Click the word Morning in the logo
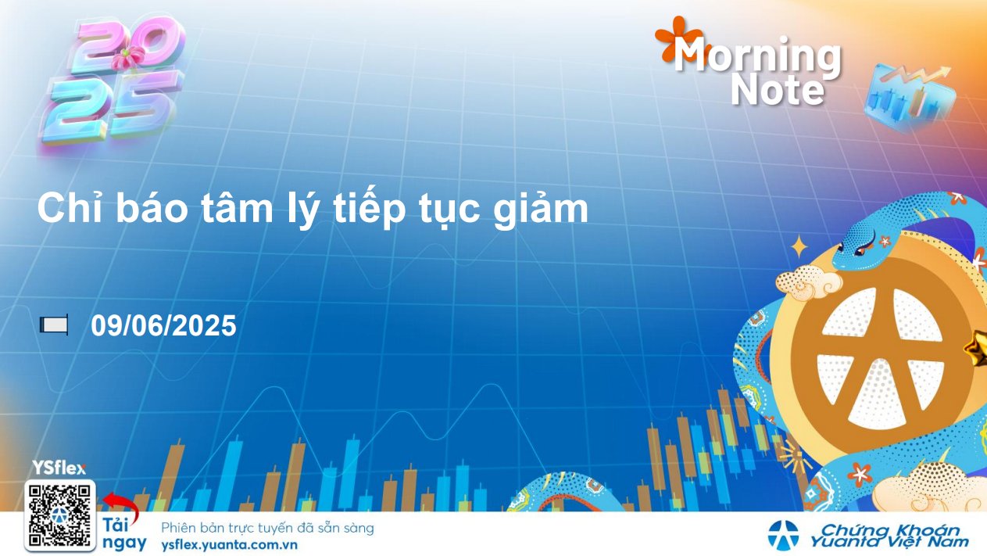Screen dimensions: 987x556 (x=757, y=56)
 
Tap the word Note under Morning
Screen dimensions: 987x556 (x=778, y=91)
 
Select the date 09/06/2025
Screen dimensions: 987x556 (x=163, y=325)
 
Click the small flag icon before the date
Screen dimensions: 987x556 (x=54, y=325)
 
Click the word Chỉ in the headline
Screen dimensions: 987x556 (x=70, y=208)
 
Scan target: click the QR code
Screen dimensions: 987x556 (x=59, y=516)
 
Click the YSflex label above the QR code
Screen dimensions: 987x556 (x=59, y=468)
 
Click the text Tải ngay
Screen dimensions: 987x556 (x=124, y=534)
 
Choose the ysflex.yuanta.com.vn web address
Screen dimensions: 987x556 (x=229, y=545)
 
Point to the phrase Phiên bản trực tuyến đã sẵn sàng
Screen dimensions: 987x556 (x=267, y=528)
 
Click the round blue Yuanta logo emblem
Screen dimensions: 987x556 (x=783, y=536)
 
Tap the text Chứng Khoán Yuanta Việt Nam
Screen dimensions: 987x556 (x=890, y=536)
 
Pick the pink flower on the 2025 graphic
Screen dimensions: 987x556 (x=128, y=58)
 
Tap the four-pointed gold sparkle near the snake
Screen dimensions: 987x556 (x=799, y=246)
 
